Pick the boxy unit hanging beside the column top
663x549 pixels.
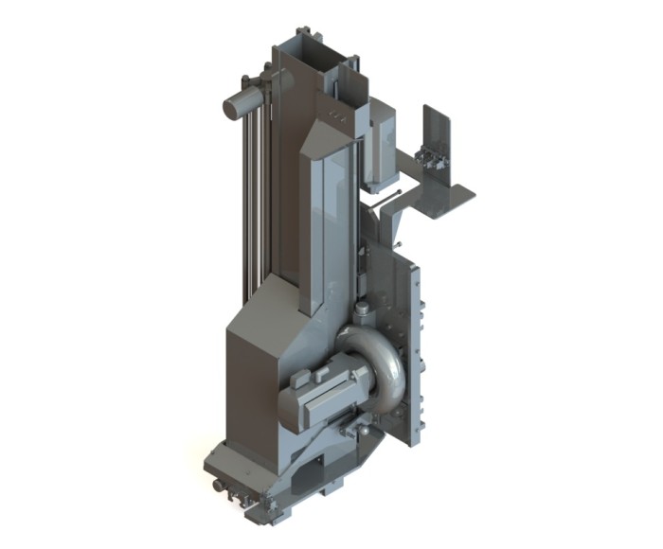point(381,142)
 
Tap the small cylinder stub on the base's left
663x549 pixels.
point(221,486)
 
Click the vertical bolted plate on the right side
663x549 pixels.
point(412,350)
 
